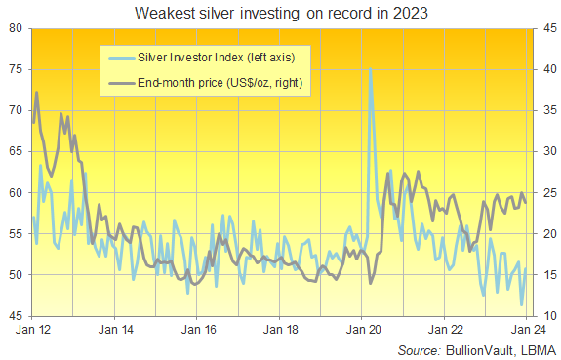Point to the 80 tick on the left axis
click(17, 28)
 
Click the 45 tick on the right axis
click(543, 28)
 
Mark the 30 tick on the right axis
click(543, 152)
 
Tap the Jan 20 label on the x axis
click(362, 330)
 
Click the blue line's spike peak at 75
click(370, 69)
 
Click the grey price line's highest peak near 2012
click(37, 93)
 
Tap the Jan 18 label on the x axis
click(280, 330)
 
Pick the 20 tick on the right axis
click(543, 234)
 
